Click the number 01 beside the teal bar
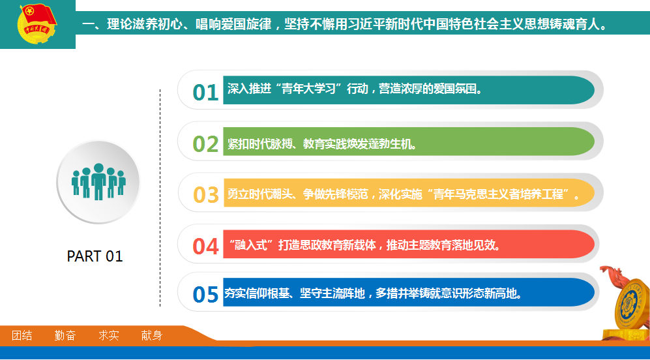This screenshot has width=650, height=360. (x=205, y=92)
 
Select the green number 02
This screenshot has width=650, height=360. (x=205, y=143)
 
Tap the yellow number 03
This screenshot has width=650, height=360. (x=205, y=194)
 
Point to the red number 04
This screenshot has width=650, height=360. (x=205, y=246)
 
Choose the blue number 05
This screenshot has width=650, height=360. (x=205, y=294)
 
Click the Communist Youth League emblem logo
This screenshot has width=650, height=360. (x=37, y=23)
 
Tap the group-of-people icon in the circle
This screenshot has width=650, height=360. (x=98, y=182)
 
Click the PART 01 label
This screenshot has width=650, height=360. (x=95, y=256)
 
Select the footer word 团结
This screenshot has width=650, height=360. (x=22, y=335)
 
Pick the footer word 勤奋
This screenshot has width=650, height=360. (x=65, y=335)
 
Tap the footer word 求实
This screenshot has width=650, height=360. (x=109, y=335)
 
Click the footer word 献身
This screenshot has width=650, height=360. (x=152, y=335)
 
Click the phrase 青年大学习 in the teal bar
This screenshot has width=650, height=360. (x=308, y=89)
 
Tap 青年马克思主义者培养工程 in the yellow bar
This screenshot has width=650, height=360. (x=498, y=194)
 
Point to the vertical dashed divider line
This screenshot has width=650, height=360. (x=160, y=198)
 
